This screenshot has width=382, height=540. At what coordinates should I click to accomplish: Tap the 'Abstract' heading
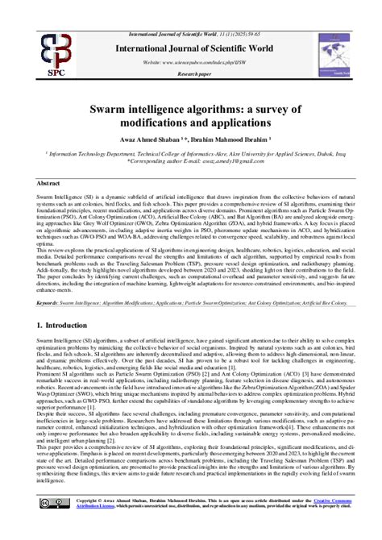pyautogui.click(x=48, y=184)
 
